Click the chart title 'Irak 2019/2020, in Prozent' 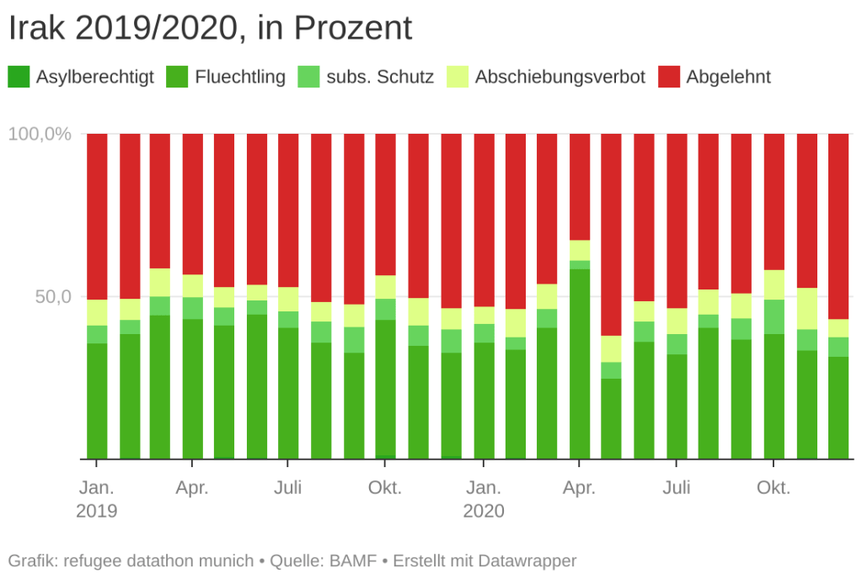(x=210, y=29)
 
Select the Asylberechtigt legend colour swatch (x=19, y=77)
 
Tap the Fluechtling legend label (x=239, y=77)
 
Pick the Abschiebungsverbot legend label (x=559, y=77)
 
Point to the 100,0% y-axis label (x=40, y=134)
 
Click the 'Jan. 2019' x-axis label (x=97, y=499)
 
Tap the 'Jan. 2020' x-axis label (x=484, y=499)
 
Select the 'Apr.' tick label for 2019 (x=193, y=488)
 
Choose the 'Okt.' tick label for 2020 (x=774, y=488)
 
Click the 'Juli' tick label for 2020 (x=677, y=488)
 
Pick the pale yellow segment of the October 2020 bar (x=774, y=284)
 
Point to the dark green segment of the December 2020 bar (x=838, y=407)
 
